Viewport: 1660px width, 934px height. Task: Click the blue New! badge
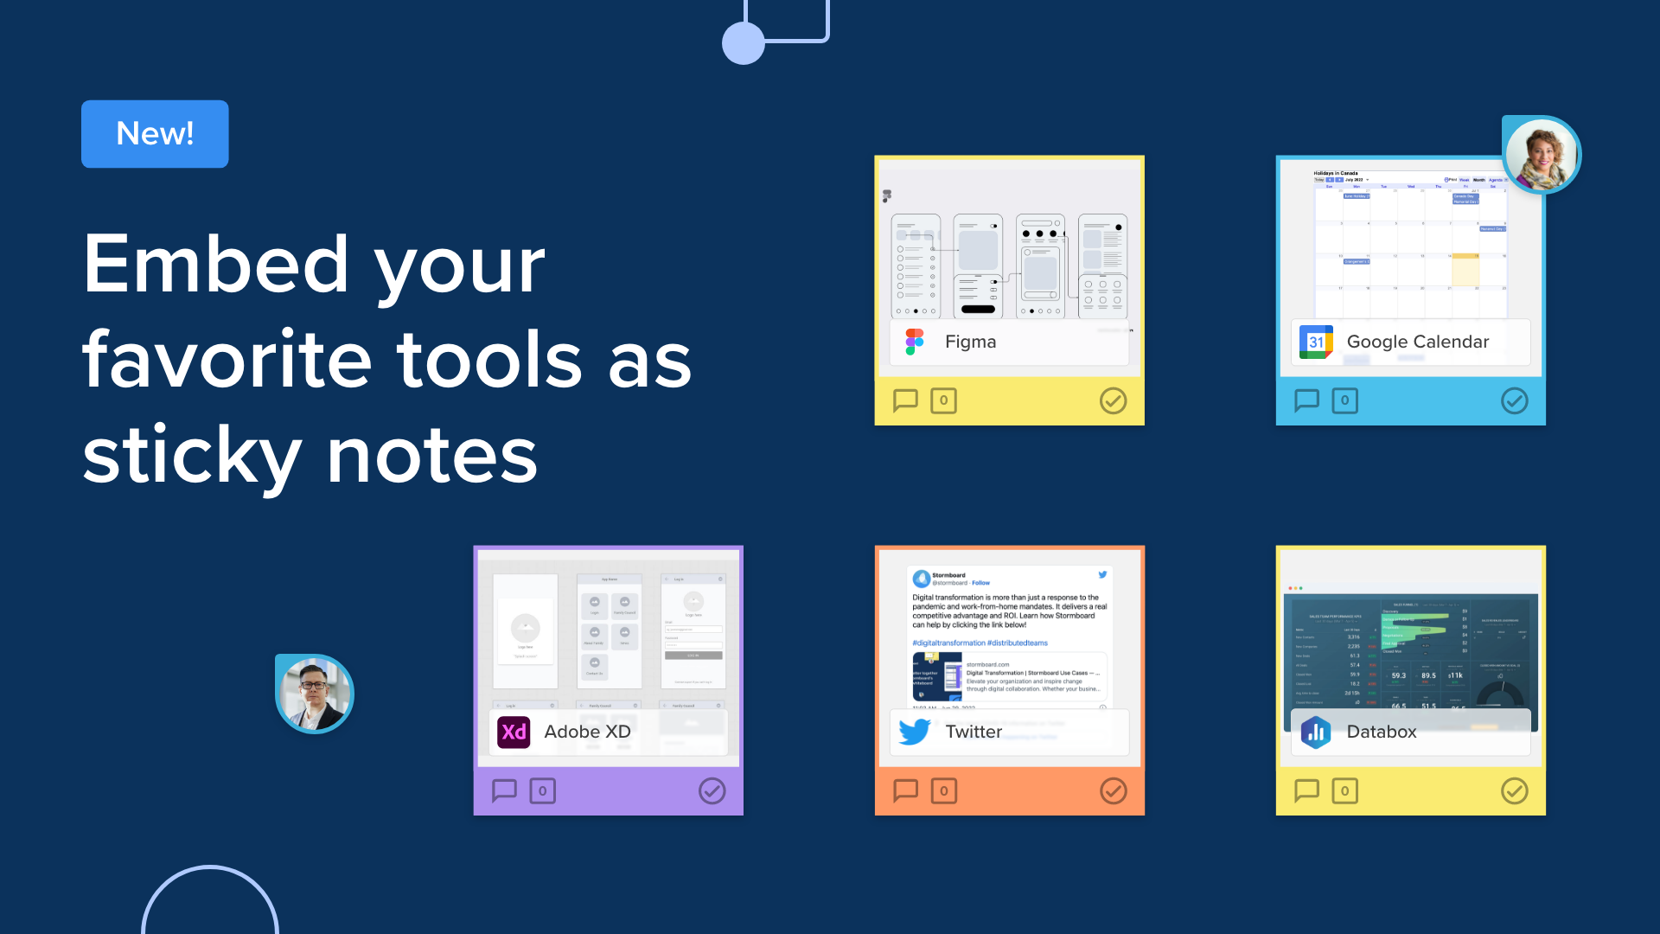155,134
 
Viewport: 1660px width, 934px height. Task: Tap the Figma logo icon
915,342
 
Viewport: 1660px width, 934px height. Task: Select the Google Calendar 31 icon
1316,342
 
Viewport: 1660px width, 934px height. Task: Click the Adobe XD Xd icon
514,732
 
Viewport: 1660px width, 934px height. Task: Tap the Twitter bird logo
915,732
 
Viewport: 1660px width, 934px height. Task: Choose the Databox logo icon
1316,732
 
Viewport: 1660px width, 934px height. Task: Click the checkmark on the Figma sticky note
1113,400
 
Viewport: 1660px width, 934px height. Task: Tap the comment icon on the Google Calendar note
1306,400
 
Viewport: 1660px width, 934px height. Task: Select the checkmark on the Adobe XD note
712,790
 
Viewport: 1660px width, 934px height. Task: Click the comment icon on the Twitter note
905,790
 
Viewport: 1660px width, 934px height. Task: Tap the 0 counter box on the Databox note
1344,790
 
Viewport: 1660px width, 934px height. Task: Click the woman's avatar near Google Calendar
1542,156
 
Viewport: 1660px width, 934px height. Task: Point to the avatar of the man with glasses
315,694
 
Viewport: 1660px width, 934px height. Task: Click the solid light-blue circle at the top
744,43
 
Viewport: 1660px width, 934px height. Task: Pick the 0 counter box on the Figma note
943,400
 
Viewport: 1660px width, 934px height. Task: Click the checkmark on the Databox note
1514,790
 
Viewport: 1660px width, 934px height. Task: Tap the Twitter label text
974,732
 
